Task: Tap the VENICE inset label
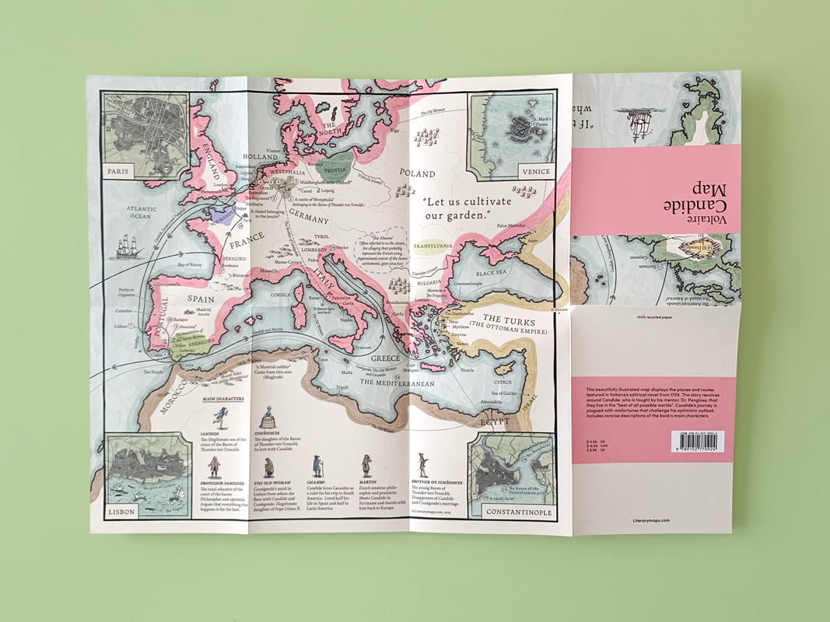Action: coord(537,171)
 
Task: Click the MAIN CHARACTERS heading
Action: coord(223,398)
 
